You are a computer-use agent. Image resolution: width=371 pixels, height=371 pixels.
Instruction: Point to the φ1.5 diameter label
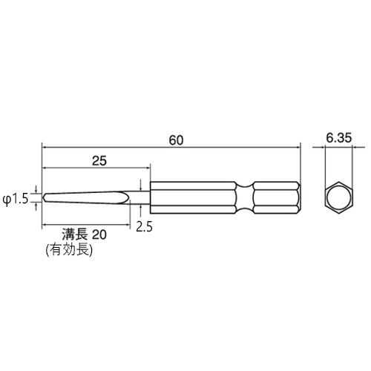pos(16,199)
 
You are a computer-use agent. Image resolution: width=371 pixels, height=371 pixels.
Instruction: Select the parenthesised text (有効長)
pos(69,250)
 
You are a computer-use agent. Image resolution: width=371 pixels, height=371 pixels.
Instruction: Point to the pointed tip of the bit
pos(44,199)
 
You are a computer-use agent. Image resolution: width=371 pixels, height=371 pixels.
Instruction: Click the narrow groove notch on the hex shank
pos(244,198)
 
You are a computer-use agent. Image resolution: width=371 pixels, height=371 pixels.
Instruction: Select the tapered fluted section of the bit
pos(89,199)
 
